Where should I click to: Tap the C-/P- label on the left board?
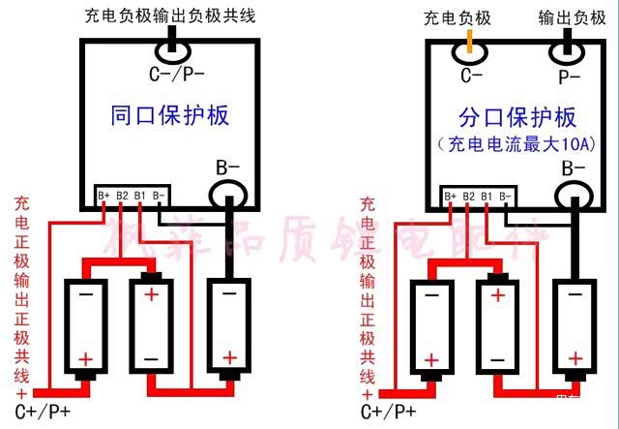click(x=174, y=72)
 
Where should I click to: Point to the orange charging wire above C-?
click(x=470, y=41)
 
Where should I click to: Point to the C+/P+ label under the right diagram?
click(x=390, y=412)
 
